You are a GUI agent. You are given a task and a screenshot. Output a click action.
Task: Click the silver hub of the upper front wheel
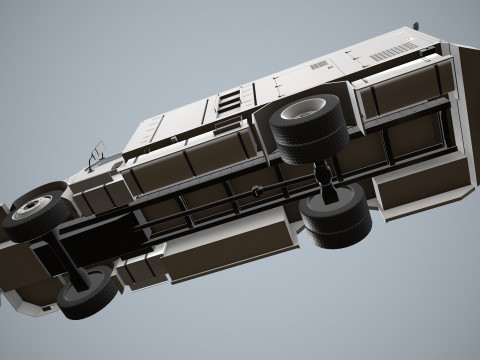pos(33,208)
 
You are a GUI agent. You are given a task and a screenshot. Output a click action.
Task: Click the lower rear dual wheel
pos(336,218)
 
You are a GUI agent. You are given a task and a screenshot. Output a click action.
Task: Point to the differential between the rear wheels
pos(323,176)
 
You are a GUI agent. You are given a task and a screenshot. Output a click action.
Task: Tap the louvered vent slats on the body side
pos(230,100)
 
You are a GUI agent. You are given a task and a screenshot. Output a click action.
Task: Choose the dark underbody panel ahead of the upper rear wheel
pos(215,155)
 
